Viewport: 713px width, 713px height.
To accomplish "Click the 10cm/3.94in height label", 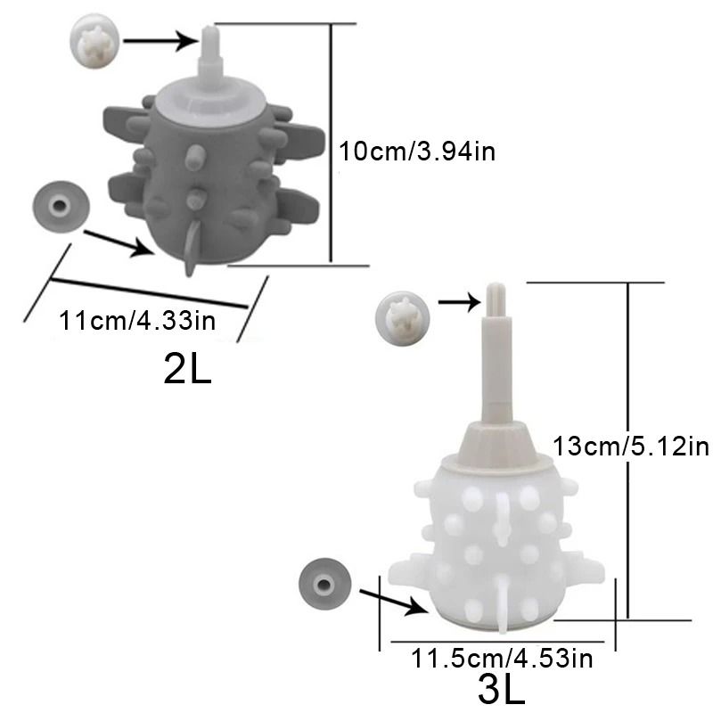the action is point(417,151).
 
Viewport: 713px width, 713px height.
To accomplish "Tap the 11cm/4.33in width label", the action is point(137,320).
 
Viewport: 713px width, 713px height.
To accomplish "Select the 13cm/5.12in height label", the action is point(631,446).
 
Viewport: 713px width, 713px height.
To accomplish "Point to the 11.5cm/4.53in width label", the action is point(502,658).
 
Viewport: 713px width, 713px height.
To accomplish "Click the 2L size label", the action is point(187,369).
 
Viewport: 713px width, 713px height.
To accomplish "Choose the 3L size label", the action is point(501,690).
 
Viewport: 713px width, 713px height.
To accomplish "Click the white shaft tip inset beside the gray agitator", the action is point(94,41).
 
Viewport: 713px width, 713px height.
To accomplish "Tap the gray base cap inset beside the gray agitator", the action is point(61,207).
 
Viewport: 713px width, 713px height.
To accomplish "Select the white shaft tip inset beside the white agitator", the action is point(403,318).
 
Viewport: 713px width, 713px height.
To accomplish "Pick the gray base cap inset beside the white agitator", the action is point(324,585).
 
